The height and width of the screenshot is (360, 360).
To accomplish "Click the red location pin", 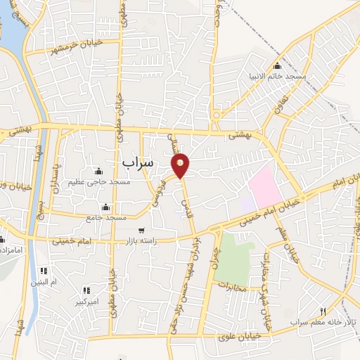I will click(181, 165).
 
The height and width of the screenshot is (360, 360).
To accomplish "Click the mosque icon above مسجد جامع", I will click(105, 207).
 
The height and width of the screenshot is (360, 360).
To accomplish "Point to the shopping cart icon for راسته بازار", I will click(141, 231).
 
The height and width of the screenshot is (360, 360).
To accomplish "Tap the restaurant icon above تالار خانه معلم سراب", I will click(323, 311).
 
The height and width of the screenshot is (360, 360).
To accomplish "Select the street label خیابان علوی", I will click(239, 336).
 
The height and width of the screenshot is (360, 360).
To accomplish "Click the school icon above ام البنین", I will click(44, 271).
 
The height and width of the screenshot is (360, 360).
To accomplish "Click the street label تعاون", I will click(279, 103).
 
